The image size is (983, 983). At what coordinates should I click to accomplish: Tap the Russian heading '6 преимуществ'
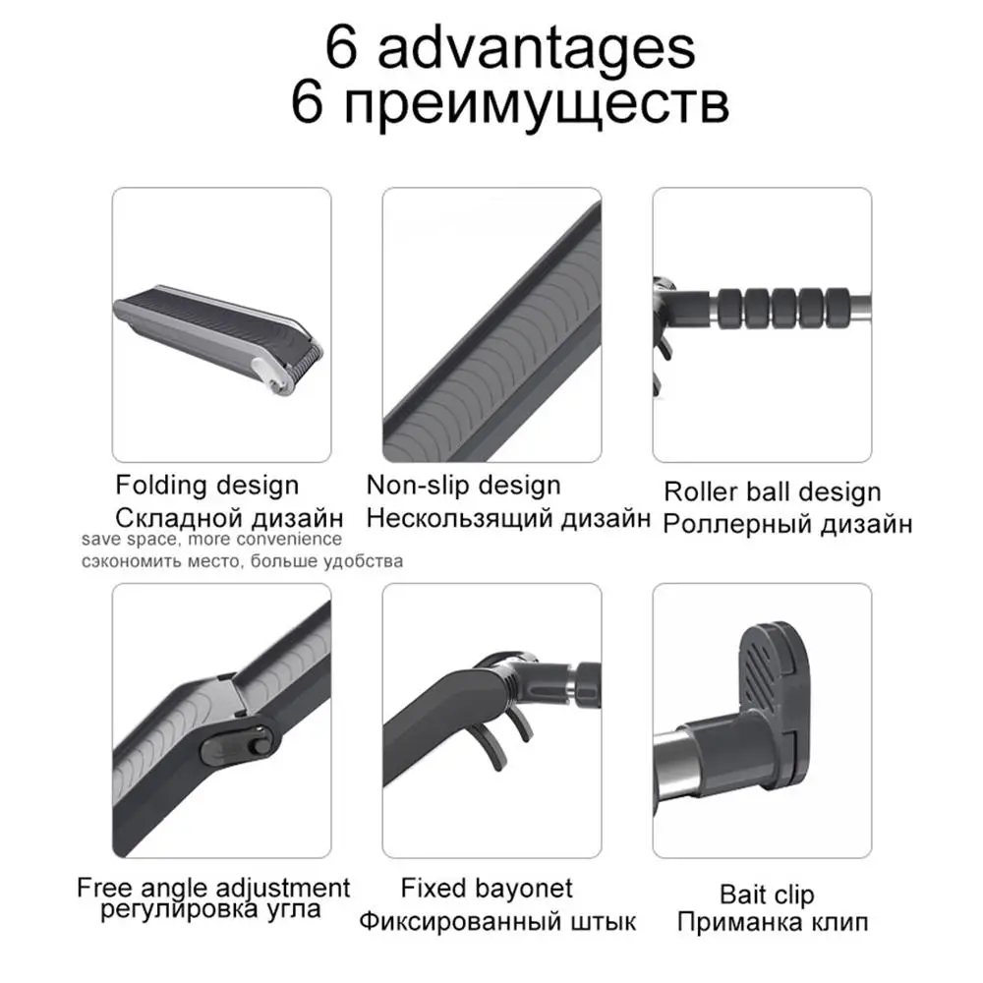(509, 103)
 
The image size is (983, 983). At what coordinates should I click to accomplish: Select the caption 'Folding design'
(206, 486)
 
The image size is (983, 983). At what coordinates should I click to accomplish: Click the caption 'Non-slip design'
(463, 486)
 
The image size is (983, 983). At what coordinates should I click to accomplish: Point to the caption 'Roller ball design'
(773, 492)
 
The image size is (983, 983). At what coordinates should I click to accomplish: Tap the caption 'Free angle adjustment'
(213, 888)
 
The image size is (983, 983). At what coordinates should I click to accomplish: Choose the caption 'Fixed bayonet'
(487, 889)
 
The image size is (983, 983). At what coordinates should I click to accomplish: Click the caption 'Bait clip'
(767, 895)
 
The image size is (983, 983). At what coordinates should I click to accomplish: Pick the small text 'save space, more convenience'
(212, 539)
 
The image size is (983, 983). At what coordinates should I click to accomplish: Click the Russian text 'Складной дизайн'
(229, 518)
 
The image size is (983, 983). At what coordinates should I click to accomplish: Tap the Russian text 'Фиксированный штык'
(497, 922)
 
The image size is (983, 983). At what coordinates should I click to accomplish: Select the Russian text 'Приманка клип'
(773, 922)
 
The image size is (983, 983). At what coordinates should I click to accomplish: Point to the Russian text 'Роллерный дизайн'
(788, 524)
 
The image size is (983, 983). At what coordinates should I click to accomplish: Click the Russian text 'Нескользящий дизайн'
(508, 518)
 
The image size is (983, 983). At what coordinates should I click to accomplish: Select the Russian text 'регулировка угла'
(210, 909)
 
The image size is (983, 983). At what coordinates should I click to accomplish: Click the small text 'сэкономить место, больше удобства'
(242, 561)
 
